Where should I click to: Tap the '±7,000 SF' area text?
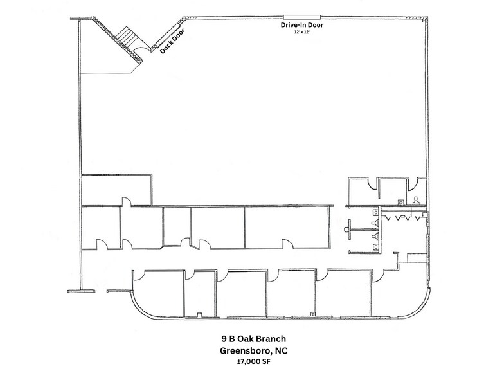pos(242,363)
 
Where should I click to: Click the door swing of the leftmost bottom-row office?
pos(137,275)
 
